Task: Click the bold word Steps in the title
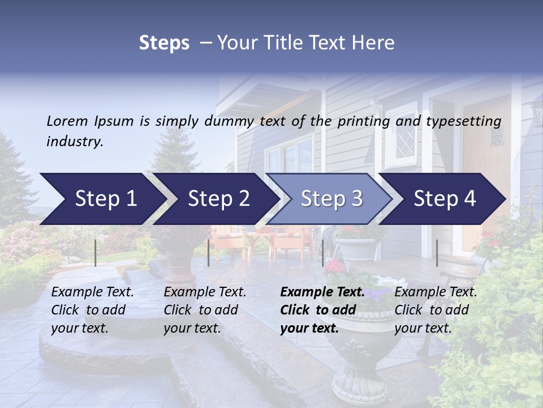(x=164, y=43)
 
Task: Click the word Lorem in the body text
(x=67, y=121)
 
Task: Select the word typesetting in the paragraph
(x=464, y=121)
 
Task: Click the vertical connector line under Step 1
(x=95, y=253)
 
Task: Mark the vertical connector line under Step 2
(x=209, y=253)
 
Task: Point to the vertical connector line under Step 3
(x=322, y=253)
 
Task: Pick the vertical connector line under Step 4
(x=437, y=253)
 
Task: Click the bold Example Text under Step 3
(x=322, y=292)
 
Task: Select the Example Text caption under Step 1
(x=92, y=292)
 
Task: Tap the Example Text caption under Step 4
(x=436, y=292)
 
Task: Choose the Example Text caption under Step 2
(x=205, y=292)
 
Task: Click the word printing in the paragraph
(x=362, y=121)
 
